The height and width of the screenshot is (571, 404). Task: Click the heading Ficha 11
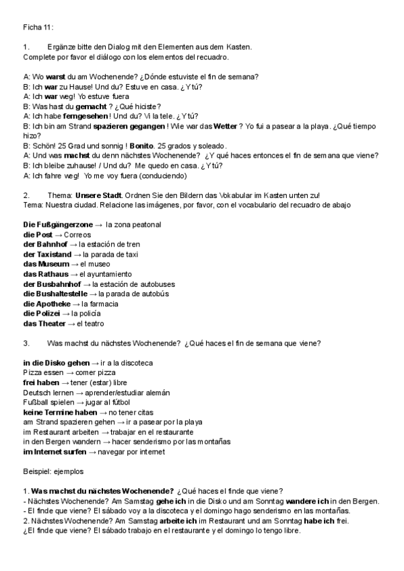(38, 28)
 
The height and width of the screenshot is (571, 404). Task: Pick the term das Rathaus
(45, 274)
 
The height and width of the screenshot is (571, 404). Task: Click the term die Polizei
(42, 314)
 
